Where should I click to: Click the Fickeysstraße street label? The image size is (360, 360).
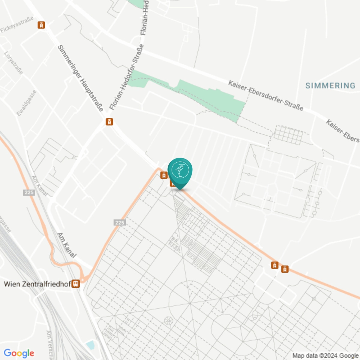17,25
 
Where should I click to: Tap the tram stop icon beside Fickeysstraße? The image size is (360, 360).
41,25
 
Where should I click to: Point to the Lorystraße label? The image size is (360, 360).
13,63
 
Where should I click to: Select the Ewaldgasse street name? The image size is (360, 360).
26,103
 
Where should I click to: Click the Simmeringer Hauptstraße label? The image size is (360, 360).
80,78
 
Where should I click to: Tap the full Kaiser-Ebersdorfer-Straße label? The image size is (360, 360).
265,95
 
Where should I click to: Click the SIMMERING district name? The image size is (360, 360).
330,86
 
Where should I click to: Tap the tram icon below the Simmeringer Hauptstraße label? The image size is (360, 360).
109,122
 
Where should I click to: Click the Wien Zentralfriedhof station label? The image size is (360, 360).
37,284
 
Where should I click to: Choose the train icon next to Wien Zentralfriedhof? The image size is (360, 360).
76,284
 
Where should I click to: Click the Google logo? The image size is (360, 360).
19,353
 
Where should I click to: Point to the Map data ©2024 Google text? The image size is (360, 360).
325,356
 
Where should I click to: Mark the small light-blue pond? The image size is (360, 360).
90,345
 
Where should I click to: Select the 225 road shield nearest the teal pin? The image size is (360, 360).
119,223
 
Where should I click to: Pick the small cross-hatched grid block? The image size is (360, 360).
288,135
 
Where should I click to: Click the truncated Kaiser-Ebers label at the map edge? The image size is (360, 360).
343,131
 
